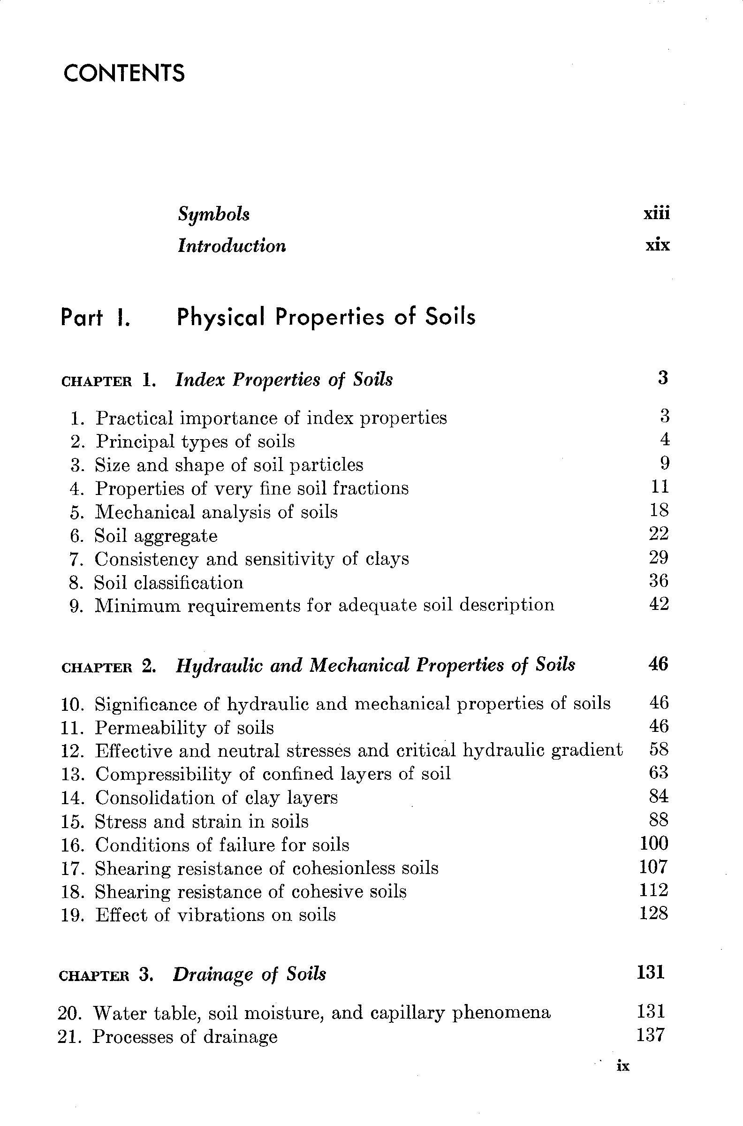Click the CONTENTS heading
[x=124, y=74]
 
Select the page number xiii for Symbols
[x=657, y=214]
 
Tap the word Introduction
[x=232, y=246]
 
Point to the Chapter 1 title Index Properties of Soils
[x=284, y=380]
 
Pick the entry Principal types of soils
[x=195, y=441]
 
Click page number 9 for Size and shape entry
[x=664, y=464]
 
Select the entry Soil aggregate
[x=156, y=536]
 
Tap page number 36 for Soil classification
[x=659, y=581]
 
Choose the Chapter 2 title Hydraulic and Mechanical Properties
[x=375, y=665]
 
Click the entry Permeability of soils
[x=184, y=728]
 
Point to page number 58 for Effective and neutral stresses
[x=659, y=750]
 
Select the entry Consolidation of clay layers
[x=217, y=798]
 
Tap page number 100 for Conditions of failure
[x=653, y=844]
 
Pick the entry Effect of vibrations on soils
[x=216, y=914]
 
